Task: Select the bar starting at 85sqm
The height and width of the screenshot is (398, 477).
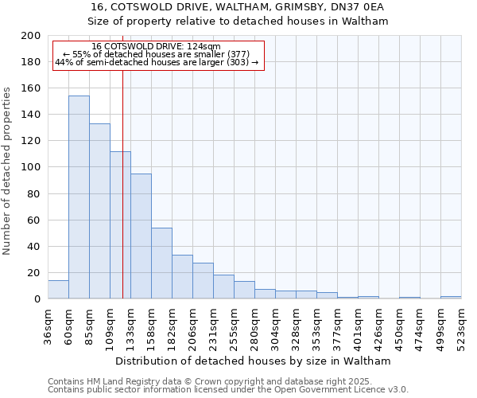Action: tap(99, 211)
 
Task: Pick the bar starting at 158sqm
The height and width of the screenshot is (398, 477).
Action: tap(161, 263)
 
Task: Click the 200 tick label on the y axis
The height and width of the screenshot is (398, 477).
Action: tap(30, 36)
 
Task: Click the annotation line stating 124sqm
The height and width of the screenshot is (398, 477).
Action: tap(156, 47)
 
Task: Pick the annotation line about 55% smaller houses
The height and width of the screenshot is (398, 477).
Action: tap(156, 54)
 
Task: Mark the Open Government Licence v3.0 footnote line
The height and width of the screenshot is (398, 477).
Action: tap(228, 389)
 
